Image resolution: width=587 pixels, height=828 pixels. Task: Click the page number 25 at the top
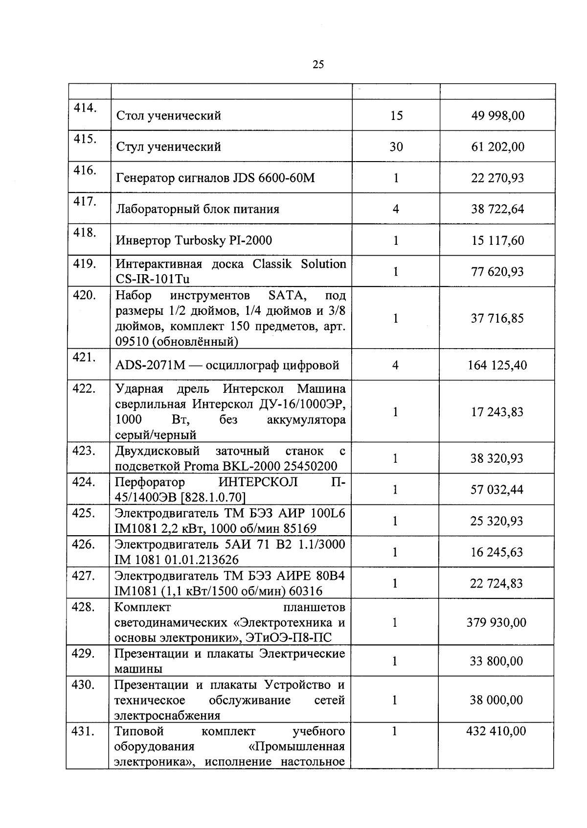(318, 65)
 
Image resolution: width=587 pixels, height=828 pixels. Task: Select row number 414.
(84, 108)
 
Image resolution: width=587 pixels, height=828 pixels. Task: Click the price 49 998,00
(497, 116)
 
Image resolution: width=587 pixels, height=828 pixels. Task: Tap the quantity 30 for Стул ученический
(396, 147)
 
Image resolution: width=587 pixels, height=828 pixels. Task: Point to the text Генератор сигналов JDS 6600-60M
(215, 178)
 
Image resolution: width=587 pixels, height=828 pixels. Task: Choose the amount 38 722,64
(497, 209)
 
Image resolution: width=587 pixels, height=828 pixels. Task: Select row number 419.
(84, 264)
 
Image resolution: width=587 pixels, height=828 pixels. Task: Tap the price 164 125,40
(497, 365)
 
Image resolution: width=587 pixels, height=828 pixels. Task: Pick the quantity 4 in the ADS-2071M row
(396, 365)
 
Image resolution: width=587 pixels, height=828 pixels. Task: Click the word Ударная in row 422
(139, 389)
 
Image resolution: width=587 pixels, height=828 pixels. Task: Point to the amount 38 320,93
(497, 458)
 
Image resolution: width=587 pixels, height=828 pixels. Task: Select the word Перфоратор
(149, 482)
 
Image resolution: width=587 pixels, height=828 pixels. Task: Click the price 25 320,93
(497, 521)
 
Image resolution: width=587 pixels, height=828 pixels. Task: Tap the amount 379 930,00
(497, 622)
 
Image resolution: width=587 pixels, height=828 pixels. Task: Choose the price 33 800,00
(497, 661)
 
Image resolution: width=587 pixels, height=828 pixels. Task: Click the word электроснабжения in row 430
(167, 715)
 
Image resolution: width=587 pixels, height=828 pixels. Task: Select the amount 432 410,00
(497, 731)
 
